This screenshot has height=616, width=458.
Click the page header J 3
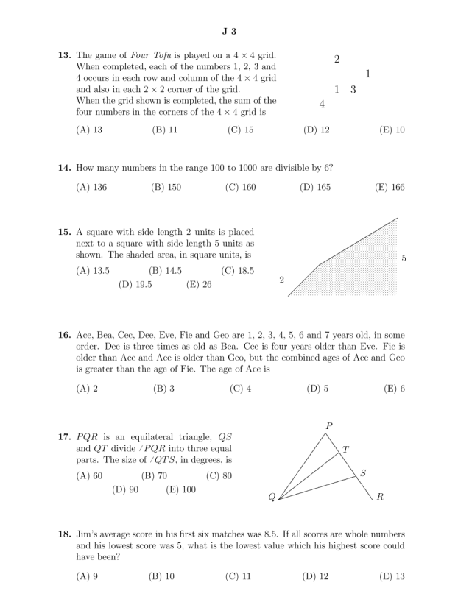[x=228, y=31]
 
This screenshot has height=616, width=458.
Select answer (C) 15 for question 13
[x=241, y=130]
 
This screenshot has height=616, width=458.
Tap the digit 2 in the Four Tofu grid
[x=337, y=59]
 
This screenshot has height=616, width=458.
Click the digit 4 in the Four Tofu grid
[x=322, y=104]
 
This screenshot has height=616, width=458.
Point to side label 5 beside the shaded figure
[x=404, y=258]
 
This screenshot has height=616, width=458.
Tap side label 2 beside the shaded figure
[x=281, y=280]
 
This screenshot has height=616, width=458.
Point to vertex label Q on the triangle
[x=271, y=498]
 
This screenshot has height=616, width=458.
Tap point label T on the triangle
[x=346, y=449]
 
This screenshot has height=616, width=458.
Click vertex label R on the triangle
[x=379, y=497]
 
